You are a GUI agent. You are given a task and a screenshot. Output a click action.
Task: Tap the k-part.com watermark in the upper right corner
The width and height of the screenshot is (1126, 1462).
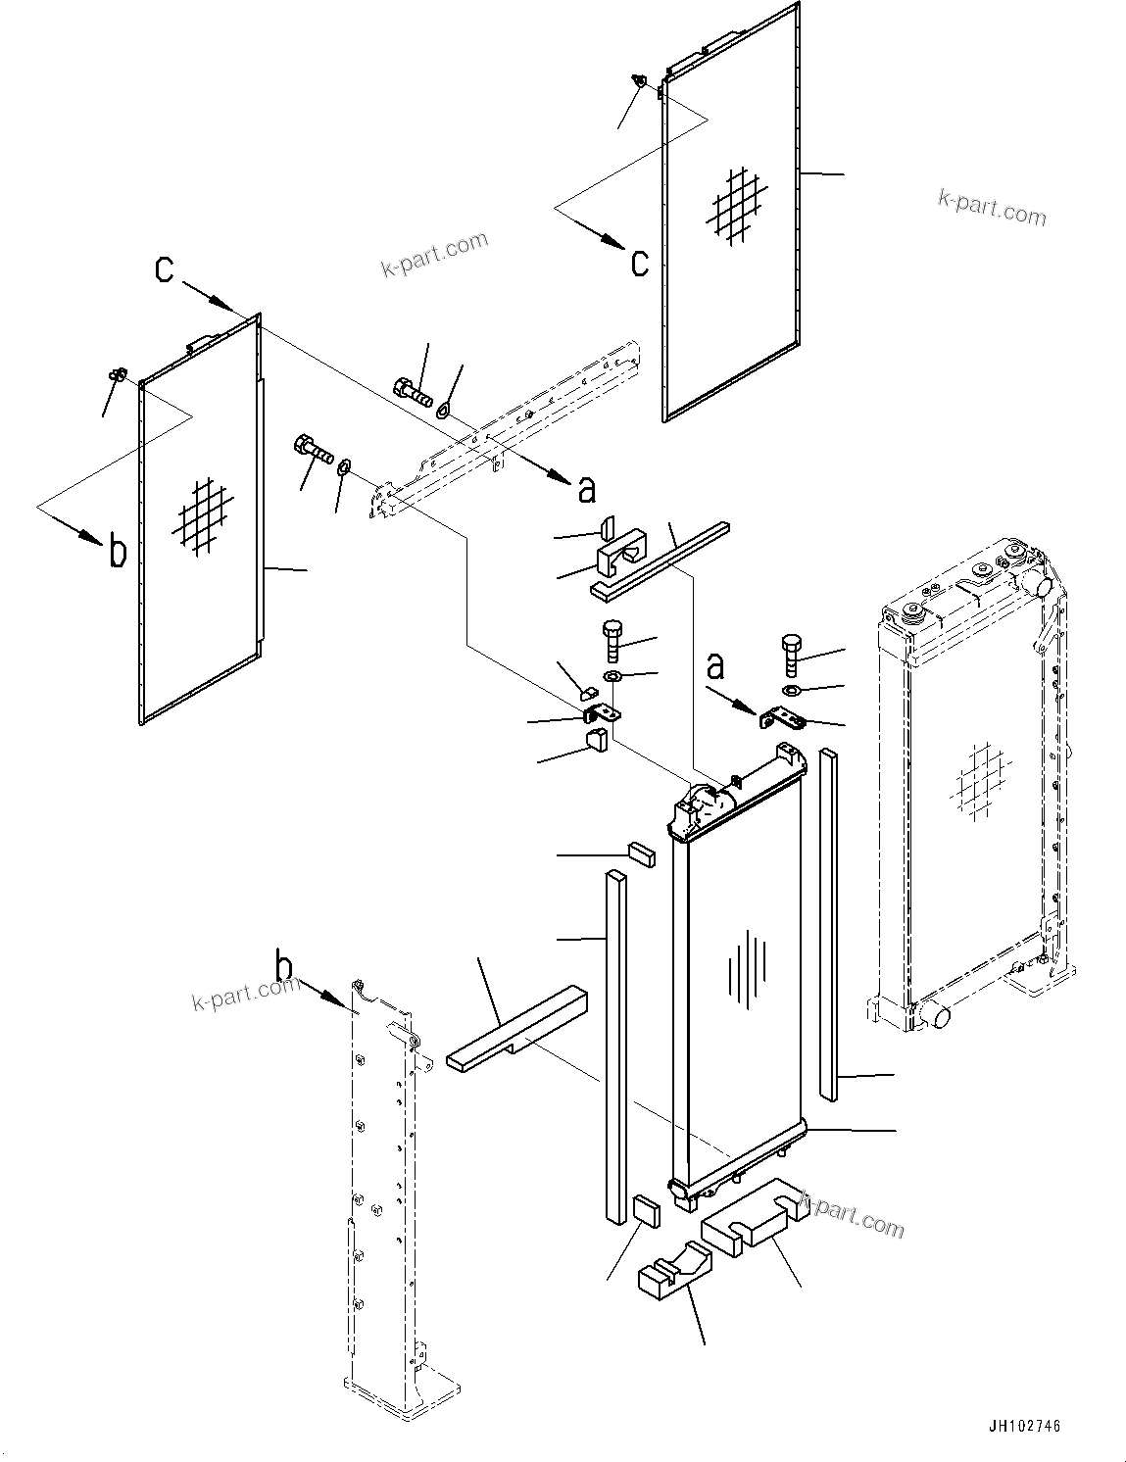click(x=992, y=207)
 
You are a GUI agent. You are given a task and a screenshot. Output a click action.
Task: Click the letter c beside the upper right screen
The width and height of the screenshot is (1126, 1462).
click(x=639, y=263)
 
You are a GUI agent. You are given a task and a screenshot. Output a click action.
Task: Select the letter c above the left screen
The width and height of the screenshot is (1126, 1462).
click(x=166, y=268)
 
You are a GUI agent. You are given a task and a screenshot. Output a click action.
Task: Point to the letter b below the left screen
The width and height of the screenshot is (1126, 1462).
click(x=117, y=552)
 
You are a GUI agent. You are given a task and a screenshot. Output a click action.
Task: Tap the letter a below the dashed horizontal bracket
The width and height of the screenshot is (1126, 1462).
click(x=587, y=487)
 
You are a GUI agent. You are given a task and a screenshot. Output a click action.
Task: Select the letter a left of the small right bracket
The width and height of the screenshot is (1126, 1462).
click(x=716, y=665)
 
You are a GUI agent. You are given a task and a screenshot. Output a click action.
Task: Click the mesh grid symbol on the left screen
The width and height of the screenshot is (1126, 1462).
click(x=204, y=514)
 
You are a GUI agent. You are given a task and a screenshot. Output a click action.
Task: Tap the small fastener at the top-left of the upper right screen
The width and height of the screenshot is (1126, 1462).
click(x=639, y=83)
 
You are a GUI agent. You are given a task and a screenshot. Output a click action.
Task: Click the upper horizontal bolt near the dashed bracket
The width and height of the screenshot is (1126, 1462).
click(x=414, y=392)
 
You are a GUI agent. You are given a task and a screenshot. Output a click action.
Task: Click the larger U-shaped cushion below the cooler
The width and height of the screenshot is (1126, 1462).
click(x=754, y=1212)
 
